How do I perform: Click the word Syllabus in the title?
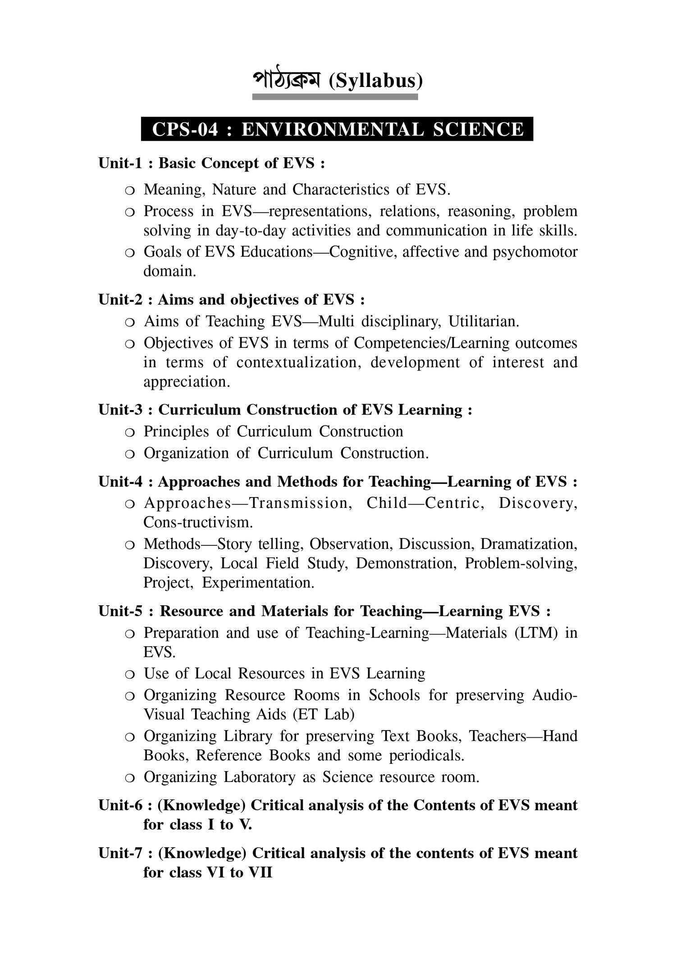[376, 81]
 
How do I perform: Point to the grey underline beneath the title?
[335, 97]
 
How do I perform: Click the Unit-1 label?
[120, 163]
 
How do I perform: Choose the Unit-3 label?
[120, 410]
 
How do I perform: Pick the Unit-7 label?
[120, 853]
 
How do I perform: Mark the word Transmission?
[301, 503]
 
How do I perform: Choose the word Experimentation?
[258, 583]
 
